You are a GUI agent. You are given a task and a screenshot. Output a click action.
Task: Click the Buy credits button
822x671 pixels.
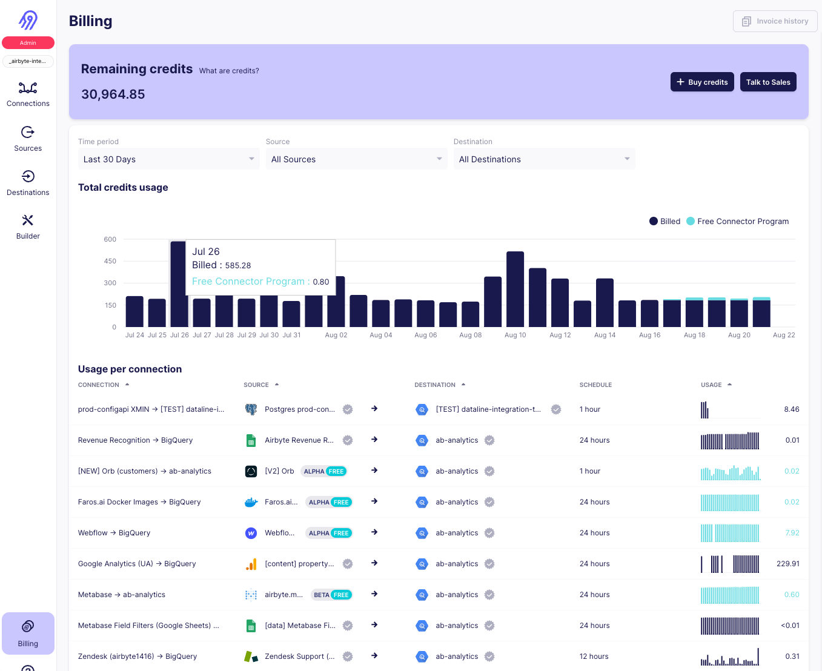702,82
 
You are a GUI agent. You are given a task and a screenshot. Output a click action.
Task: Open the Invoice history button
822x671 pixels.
775,21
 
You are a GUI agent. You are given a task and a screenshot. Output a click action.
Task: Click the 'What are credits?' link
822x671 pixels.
229,71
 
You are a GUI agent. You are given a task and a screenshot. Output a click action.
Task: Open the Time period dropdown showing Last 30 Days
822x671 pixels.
168,159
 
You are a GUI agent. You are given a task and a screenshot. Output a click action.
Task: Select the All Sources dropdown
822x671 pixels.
356,159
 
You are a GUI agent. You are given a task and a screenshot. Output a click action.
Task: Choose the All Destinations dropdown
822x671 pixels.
544,159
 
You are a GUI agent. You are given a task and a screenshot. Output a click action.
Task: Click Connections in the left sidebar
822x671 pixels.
28,94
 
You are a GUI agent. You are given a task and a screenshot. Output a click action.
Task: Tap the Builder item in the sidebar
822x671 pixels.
28,227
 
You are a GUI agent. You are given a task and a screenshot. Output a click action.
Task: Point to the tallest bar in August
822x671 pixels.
515,289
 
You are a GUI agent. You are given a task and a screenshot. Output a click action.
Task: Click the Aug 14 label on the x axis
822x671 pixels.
605,335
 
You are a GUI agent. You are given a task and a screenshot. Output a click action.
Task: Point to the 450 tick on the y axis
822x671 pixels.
110,261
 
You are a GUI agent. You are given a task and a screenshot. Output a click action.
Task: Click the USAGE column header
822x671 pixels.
711,385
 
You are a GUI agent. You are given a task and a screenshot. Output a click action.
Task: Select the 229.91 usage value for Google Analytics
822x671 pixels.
787,564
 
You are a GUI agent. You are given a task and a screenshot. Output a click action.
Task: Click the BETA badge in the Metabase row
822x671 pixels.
322,595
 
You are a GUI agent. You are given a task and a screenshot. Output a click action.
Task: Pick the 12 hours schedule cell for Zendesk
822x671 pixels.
594,656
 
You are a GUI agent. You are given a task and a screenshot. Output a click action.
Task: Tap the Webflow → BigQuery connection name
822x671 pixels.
114,533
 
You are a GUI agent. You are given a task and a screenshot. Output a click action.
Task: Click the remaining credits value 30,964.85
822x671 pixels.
113,94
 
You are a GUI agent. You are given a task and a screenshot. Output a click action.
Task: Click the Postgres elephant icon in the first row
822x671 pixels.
251,409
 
